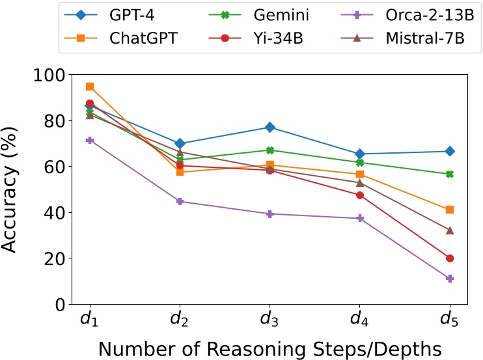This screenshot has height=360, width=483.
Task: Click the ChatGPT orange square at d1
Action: (90, 87)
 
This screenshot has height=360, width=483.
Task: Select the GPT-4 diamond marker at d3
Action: (269, 128)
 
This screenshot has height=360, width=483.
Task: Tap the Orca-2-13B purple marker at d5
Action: (449, 279)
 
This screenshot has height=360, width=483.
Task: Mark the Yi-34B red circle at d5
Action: (449, 258)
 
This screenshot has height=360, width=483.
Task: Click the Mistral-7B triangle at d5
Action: (449, 230)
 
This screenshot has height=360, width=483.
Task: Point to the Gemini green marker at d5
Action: (449, 174)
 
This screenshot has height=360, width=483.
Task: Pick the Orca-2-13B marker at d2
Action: (180, 201)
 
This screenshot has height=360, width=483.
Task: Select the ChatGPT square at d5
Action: (449, 210)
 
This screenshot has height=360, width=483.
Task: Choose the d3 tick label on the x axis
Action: (269, 320)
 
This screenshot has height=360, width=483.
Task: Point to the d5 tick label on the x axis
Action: (449, 320)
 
